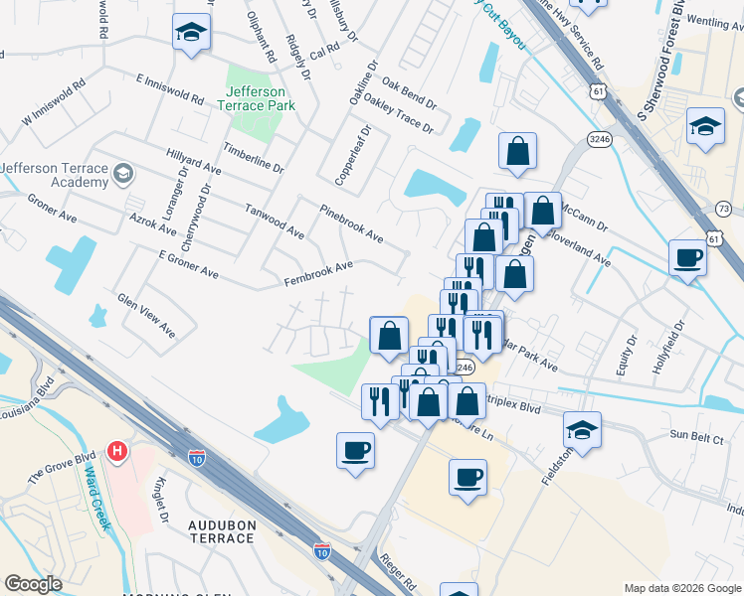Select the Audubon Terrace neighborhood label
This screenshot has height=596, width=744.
pos(219,531)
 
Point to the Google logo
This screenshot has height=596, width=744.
pos(33,584)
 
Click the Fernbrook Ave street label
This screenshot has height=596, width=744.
pos(318,267)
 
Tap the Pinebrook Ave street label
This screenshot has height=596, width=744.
pos(351,224)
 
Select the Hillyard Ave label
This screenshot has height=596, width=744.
pos(193,165)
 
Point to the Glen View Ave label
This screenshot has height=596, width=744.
pos(146,315)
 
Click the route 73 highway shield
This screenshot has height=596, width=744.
pos(723,209)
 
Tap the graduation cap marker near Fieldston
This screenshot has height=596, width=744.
pos(583,430)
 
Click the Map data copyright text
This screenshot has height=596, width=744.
pos(682,587)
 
